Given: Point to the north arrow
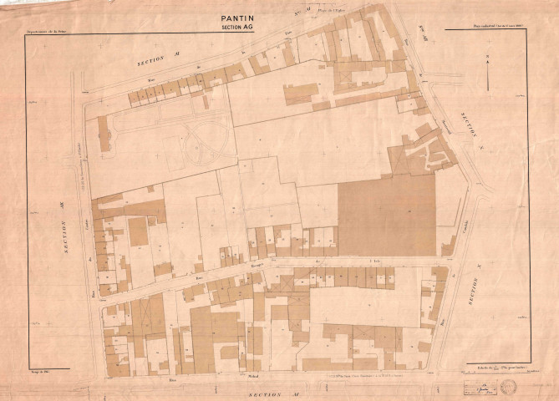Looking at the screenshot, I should (x=487, y=71).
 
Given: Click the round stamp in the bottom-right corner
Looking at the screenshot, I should (x=509, y=387).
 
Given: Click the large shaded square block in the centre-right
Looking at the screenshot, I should (x=387, y=215).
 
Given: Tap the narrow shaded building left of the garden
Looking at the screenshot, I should (x=104, y=134).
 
